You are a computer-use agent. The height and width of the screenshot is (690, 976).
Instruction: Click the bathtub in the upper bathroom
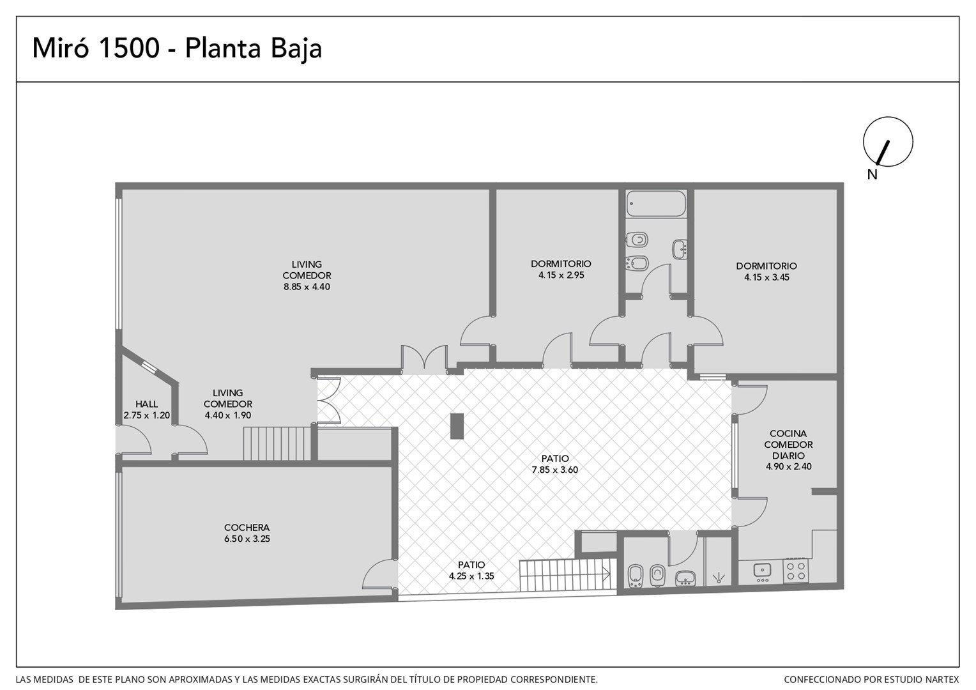coord(656,204)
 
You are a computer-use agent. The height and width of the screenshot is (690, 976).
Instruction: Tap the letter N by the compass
coord(872,174)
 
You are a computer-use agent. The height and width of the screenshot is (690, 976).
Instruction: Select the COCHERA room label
coord(247,528)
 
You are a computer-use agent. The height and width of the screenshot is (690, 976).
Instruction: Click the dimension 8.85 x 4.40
coord(307,287)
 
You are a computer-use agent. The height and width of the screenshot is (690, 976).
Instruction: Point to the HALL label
coord(146,404)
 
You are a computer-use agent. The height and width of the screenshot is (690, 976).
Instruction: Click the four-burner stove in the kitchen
coord(796,571)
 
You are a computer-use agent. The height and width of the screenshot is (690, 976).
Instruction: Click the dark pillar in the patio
coord(457,426)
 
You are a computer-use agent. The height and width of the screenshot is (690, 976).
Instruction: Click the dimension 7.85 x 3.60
coord(554,470)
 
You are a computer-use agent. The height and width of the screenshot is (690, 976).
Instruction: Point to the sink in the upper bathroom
coord(680,249)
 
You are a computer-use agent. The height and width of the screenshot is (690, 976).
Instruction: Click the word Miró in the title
coord(61,48)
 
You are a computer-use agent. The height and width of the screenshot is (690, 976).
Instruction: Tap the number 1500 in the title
coord(130,48)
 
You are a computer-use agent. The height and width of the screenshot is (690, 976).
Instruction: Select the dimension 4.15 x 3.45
coord(766,277)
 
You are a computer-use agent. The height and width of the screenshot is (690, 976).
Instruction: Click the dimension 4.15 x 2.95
coord(561,275)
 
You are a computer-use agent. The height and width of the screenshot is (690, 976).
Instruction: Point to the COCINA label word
coord(788,433)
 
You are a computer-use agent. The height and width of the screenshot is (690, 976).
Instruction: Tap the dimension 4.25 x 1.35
coord(471,576)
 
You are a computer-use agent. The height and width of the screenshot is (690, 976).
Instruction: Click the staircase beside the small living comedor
coord(277,443)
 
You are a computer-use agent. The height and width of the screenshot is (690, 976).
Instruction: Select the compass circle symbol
coord(888,142)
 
